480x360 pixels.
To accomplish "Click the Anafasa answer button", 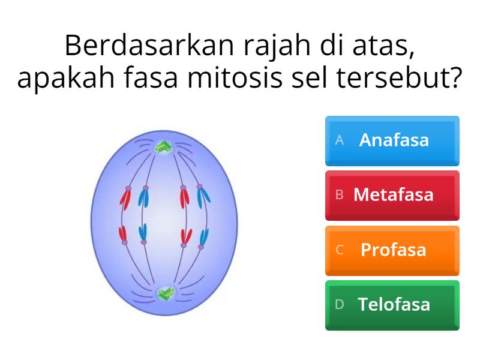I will tap(392, 140).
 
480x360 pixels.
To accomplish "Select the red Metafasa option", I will tap(392, 195).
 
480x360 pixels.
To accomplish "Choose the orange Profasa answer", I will tap(392, 250).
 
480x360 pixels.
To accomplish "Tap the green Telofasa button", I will tap(392, 304).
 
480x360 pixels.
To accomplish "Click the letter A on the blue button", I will tap(340, 140).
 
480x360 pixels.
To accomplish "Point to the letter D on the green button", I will tap(340, 304).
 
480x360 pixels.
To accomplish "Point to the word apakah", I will tap(61, 79).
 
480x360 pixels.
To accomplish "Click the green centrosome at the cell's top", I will tap(163, 146).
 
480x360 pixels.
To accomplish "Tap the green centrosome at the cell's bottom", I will tap(164, 293).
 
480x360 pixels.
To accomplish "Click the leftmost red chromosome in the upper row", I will tap(125, 197).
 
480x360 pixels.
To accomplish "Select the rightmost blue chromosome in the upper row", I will tap(204, 196).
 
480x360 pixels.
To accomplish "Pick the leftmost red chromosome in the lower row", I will tap(124, 234).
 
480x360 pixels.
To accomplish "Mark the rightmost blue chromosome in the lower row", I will tap(204, 237).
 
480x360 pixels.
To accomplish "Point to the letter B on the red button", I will tap(340, 195).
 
